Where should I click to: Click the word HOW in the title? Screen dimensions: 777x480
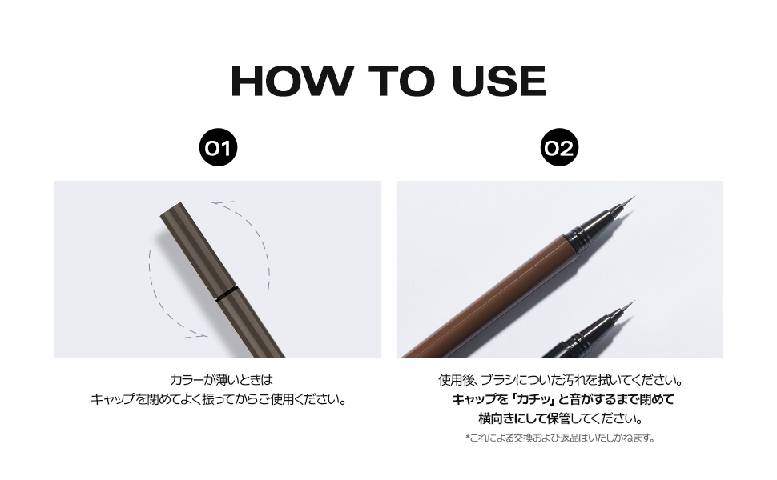[x=292, y=81]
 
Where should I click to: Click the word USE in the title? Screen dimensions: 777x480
[x=499, y=81]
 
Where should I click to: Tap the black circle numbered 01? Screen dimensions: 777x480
[x=218, y=147]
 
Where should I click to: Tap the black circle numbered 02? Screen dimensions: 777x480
[x=559, y=147]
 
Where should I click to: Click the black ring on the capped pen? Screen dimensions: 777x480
[x=227, y=294]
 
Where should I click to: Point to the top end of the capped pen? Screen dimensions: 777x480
[x=171, y=209]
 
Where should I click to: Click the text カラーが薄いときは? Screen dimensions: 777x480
[x=221, y=380]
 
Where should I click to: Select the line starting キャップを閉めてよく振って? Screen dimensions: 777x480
[x=218, y=399]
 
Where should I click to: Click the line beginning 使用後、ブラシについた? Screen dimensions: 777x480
[x=561, y=380]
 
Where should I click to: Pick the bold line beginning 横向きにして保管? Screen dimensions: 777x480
[x=561, y=418]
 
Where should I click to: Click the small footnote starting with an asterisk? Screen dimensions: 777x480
[x=561, y=438]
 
